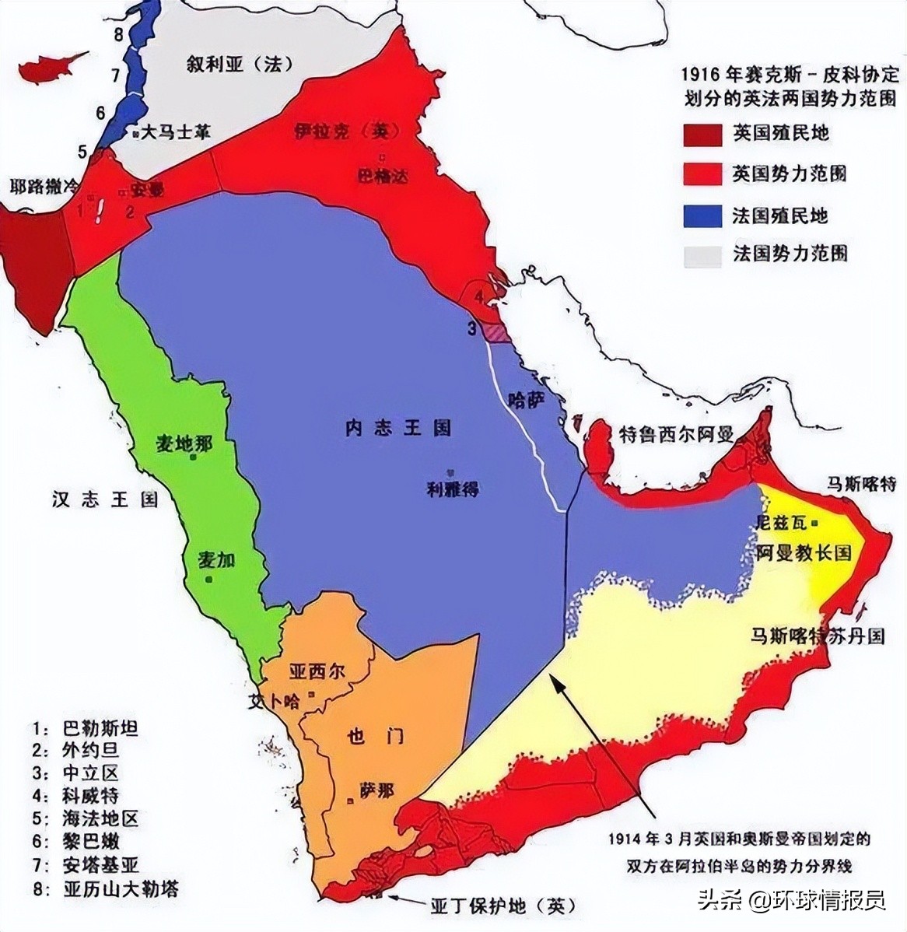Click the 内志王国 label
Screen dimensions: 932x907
pos(398,429)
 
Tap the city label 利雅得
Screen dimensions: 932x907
pos(452,489)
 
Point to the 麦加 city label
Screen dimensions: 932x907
pos(216,562)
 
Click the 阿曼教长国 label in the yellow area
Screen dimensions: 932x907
pos(804,554)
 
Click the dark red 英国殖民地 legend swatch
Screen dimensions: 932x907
pos(702,135)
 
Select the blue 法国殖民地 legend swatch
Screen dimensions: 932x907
pos(702,215)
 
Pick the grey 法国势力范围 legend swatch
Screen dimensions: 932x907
pos(702,254)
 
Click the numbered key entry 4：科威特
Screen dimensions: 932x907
pos(86,796)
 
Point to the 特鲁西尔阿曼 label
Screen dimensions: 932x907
pos(675,434)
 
